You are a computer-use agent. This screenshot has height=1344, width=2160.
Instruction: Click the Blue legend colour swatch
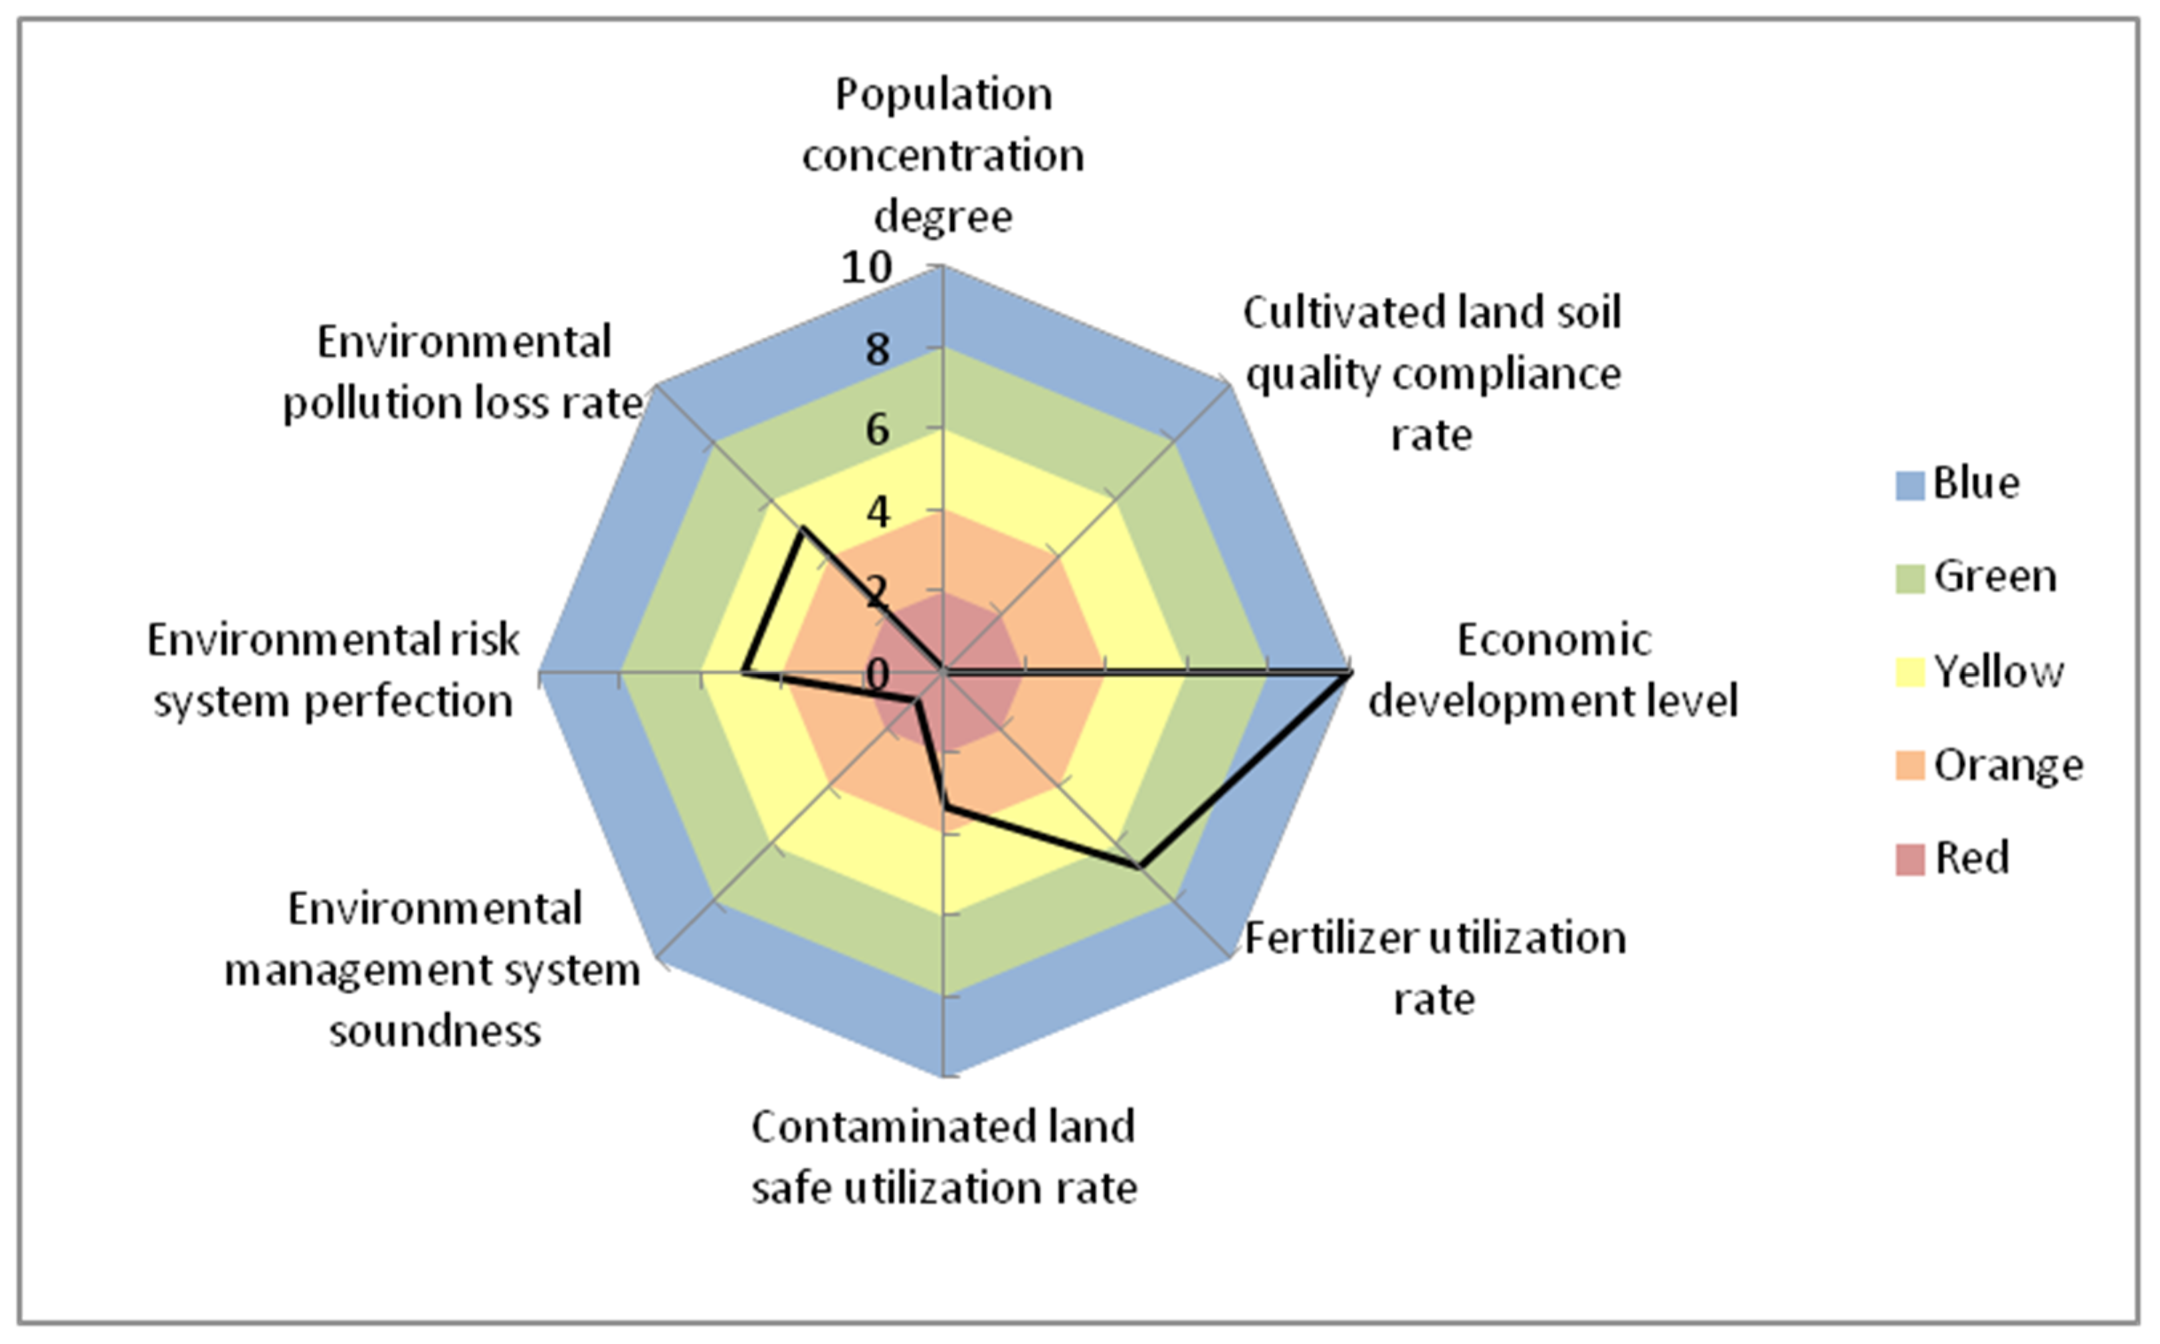point(1910,485)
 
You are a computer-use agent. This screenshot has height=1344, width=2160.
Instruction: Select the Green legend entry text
point(1995,577)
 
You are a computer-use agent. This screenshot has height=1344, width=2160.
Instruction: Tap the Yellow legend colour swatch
point(1910,672)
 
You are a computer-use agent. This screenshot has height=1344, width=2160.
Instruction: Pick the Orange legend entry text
point(2008,765)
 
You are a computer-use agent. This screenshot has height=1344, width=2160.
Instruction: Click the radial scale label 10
point(866,268)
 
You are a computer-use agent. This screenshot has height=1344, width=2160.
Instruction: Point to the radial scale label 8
point(877,350)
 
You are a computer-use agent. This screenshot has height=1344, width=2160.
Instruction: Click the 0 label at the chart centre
point(877,675)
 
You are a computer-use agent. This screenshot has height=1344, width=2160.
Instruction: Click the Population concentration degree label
point(943,156)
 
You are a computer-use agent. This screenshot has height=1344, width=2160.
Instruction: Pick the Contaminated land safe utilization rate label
point(943,1157)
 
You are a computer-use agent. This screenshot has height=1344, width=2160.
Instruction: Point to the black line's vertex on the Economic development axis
point(1349,675)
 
